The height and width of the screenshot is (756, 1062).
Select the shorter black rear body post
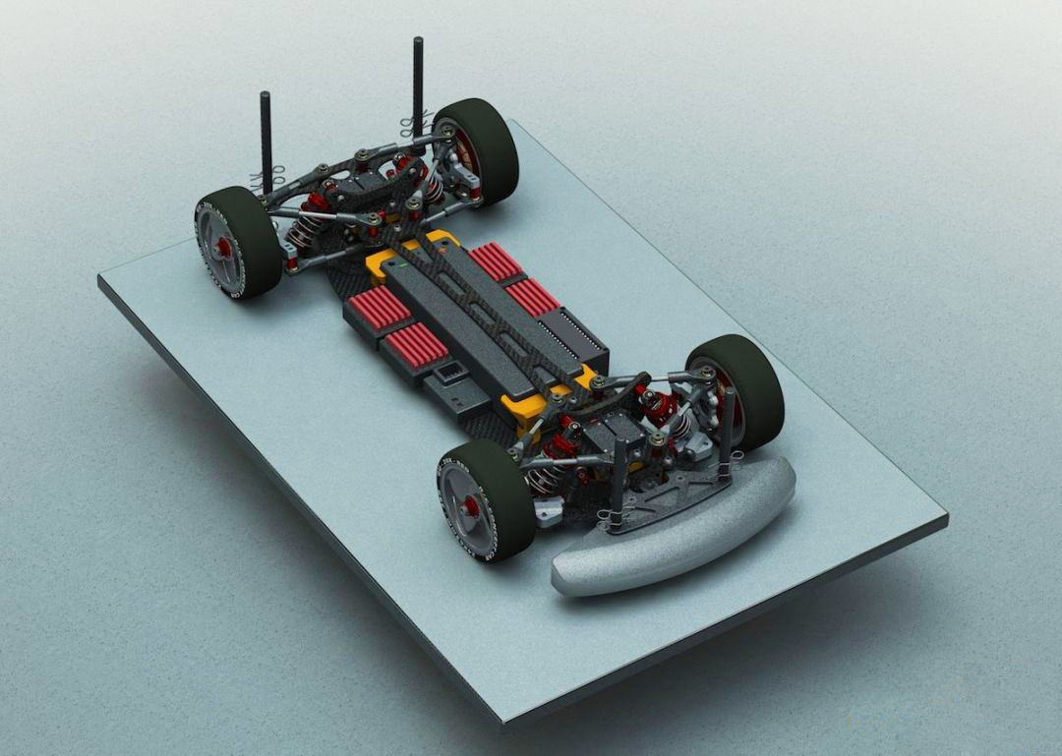(265, 138)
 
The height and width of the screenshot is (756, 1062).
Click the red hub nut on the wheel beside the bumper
(470, 506)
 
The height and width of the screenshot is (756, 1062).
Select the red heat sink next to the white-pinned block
(532, 295)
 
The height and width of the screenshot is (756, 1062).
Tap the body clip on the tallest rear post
(412, 126)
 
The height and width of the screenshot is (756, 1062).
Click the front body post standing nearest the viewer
(619, 482)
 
